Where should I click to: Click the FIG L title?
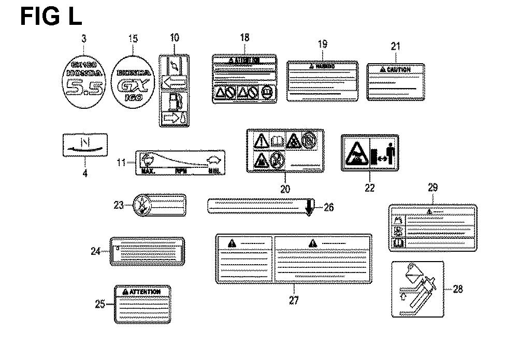(x=51, y=16)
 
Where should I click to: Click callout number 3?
(x=84, y=38)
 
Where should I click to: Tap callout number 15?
(x=133, y=38)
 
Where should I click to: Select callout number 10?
(x=174, y=37)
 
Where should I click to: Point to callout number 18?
(x=244, y=37)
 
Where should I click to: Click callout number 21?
(x=396, y=47)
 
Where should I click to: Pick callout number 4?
(x=85, y=174)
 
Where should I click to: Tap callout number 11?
(x=120, y=163)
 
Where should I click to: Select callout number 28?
(x=457, y=289)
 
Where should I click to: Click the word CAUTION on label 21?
(x=398, y=69)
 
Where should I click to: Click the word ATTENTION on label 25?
(x=145, y=292)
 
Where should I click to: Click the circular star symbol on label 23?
(x=141, y=205)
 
